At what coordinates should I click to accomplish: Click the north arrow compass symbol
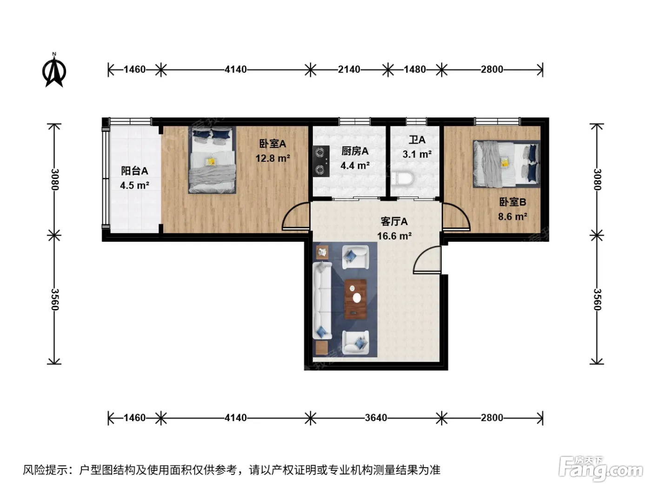(54, 70)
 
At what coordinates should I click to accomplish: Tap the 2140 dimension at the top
(349, 70)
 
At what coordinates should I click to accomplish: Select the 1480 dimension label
(415, 70)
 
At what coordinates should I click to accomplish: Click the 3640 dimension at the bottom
(376, 418)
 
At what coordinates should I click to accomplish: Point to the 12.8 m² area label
(272, 158)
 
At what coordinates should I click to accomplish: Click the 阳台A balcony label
(134, 171)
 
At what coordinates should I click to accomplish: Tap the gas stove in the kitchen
(321, 161)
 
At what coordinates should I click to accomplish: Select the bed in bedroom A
(212, 160)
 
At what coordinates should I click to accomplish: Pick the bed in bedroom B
(506, 164)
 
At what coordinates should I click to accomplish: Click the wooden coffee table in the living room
(356, 299)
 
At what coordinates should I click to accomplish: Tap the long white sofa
(322, 300)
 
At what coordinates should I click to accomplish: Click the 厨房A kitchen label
(355, 151)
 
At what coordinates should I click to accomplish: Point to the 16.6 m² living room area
(394, 236)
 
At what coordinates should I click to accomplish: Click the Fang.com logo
(600, 468)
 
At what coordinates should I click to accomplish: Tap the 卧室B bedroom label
(512, 202)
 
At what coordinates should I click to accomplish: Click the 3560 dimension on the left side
(55, 299)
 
